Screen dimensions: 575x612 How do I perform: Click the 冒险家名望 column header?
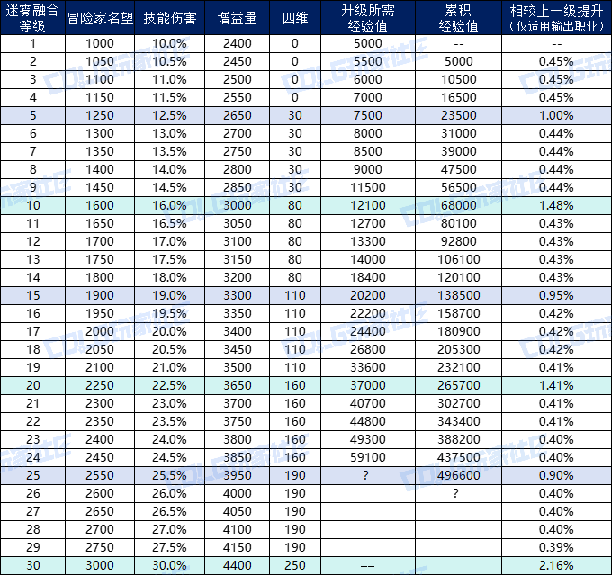tap(101, 17)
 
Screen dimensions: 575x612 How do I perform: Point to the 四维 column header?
tap(294, 17)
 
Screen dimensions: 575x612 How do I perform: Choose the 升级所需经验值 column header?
tap(367, 17)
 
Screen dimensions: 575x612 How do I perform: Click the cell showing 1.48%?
tap(557, 205)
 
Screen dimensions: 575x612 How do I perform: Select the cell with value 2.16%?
tap(557, 565)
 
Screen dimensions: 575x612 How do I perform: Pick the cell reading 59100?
tap(367, 457)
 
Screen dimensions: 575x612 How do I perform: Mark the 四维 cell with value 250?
tap(294, 565)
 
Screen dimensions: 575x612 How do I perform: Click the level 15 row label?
tap(33, 295)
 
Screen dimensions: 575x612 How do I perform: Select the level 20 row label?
tap(33, 385)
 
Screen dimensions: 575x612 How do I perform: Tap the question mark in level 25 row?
tap(367, 475)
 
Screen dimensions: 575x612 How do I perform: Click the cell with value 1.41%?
tap(557, 385)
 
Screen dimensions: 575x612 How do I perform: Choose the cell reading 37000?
tap(367, 385)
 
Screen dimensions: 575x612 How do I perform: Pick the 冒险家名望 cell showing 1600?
tap(101, 205)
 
